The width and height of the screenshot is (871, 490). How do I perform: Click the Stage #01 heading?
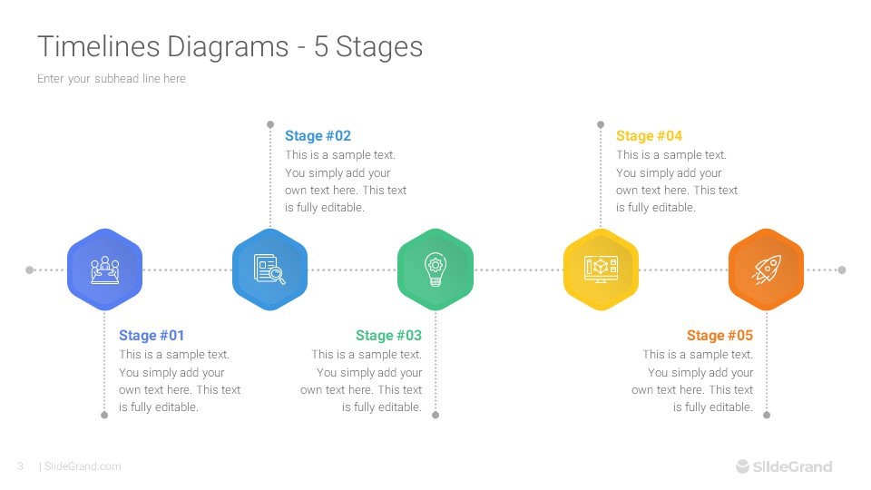(x=152, y=336)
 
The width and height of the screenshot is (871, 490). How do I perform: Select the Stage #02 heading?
(x=318, y=136)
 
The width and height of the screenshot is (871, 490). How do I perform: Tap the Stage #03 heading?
(x=388, y=336)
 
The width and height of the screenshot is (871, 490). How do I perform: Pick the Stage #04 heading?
(x=649, y=136)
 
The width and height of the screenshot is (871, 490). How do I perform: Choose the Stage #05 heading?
(x=719, y=336)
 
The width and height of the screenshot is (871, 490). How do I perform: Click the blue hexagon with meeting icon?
(x=105, y=269)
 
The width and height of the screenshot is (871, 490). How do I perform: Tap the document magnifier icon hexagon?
(x=270, y=269)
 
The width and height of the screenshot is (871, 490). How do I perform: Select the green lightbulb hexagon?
(x=435, y=269)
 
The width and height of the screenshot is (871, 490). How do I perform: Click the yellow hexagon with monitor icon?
(x=601, y=269)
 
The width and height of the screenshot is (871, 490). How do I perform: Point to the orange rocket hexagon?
(x=767, y=269)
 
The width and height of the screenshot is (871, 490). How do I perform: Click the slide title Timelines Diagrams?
(x=230, y=46)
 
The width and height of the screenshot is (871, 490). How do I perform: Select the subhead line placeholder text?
(x=112, y=79)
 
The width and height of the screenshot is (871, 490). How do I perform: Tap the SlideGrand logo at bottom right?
(x=783, y=466)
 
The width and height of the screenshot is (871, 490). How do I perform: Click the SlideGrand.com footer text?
(x=82, y=466)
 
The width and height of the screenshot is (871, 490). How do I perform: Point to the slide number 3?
(x=20, y=466)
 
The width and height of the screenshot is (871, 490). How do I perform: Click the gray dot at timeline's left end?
(x=29, y=269)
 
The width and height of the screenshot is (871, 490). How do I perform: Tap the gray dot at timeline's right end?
(x=842, y=269)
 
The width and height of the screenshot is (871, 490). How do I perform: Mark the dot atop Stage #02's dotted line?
(x=270, y=123)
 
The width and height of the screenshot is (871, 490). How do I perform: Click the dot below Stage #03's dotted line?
(x=435, y=415)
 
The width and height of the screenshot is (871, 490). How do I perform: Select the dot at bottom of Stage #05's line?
(x=767, y=415)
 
